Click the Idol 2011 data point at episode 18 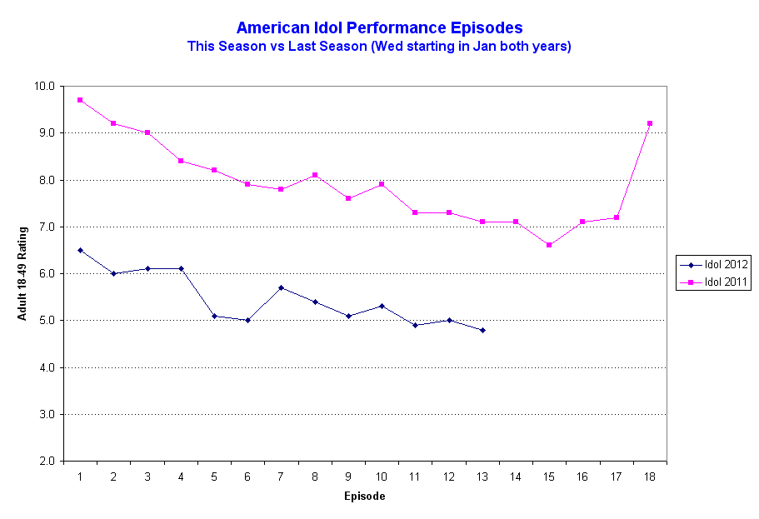650,123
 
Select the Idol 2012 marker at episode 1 80,250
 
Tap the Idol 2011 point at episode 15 549,245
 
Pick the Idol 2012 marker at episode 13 482,330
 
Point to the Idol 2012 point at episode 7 281,287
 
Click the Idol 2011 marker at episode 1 80,100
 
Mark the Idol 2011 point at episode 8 315,175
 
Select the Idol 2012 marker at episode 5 214,316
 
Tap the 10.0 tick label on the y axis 44,86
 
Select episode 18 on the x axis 650,477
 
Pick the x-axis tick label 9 348,477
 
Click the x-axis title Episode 365,497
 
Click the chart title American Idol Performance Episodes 379,28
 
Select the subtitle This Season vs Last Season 379,47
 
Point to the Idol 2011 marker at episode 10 382,184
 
